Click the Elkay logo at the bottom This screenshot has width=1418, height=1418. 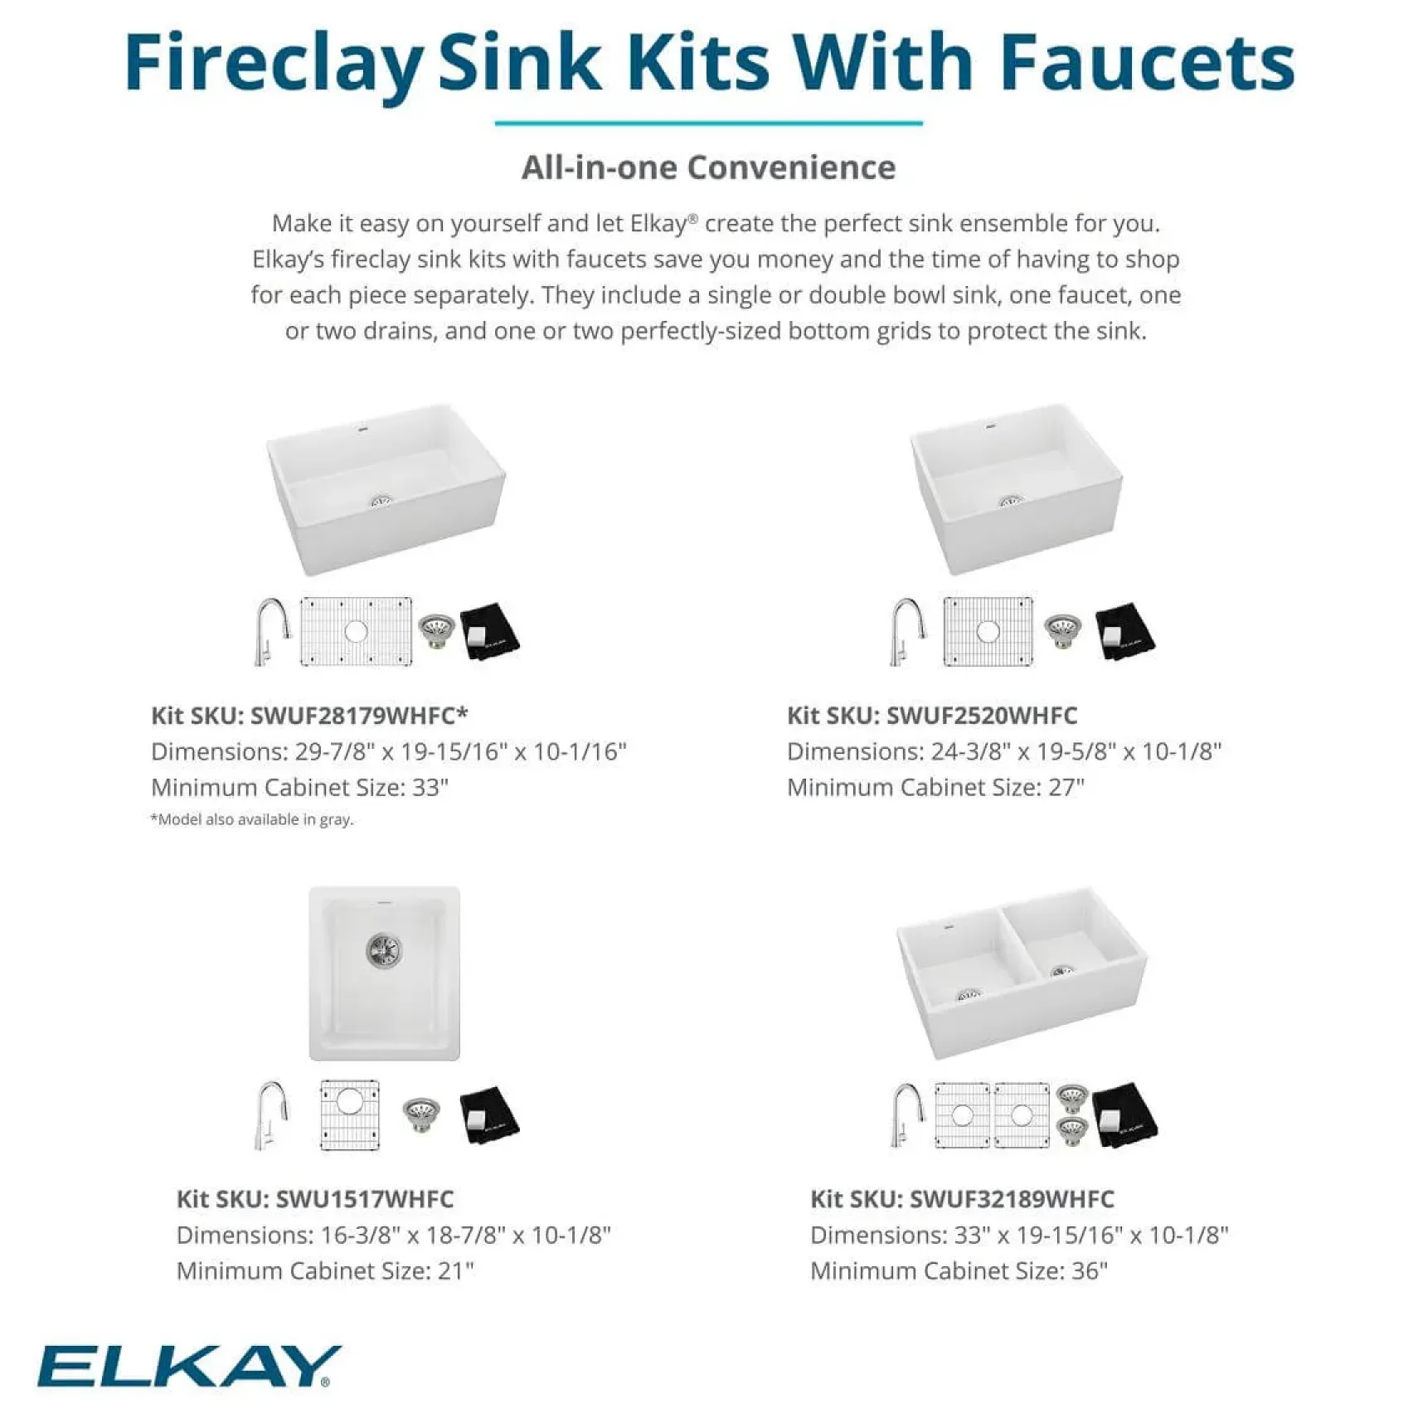[x=188, y=1365]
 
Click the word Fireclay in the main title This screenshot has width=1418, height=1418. [x=274, y=65]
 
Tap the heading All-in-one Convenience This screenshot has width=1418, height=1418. [x=708, y=168]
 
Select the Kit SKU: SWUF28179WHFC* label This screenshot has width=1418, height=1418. [x=309, y=715]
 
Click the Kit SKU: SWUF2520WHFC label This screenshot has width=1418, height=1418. [x=932, y=715]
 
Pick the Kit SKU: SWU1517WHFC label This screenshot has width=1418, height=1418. [x=315, y=1198]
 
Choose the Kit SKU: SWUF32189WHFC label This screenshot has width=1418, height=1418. [x=962, y=1198]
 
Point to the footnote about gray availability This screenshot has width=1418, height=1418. [x=252, y=819]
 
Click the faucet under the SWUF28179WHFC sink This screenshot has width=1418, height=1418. [x=271, y=631]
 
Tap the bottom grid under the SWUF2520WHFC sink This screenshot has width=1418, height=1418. [x=988, y=631]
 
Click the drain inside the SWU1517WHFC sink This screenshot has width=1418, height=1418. [x=384, y=950]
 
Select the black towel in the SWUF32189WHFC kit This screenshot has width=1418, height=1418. [x=1124, y=1114]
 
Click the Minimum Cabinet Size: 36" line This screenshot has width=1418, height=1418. [x=959, y=1270]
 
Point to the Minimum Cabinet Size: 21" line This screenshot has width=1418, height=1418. [x=325, y=1270]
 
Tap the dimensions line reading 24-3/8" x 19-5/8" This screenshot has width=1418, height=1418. [x=1004, y=751]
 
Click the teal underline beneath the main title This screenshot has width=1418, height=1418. [x=708, y=124]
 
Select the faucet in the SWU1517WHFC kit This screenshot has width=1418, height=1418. [x=272, y=1114]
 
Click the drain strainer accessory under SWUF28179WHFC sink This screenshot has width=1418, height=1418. [x=436, y=631]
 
